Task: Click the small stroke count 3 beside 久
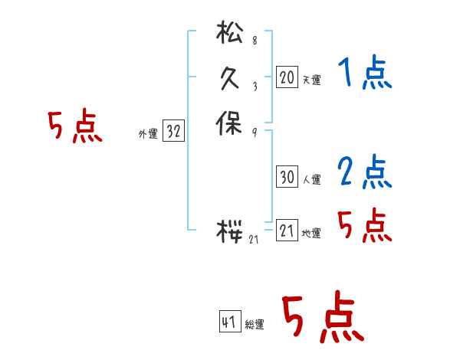point(255,86)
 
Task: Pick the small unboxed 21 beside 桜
point(255,240)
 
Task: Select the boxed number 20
point(286,77)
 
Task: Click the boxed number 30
point(286,178)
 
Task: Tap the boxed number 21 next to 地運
point(286,231)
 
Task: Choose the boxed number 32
point(173,132)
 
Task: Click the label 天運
point(311,80)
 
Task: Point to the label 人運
point(311,181)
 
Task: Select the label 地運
point(311,234)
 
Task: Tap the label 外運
point(148,134)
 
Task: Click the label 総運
point(255,325)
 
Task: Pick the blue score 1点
point(364,74)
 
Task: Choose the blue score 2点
point(364,172)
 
